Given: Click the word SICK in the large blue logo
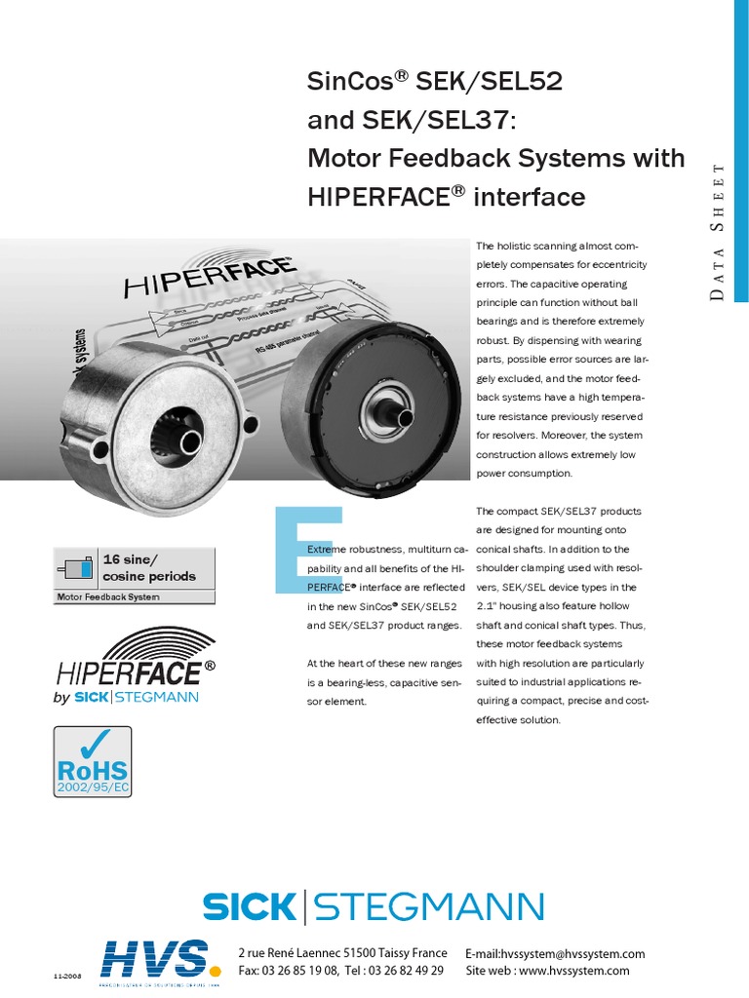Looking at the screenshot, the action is (248, 906).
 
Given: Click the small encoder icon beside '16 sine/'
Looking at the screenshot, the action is (77, 568).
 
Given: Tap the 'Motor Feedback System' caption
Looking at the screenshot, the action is (108, 596).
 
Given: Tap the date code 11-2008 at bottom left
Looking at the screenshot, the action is (65, 976).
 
